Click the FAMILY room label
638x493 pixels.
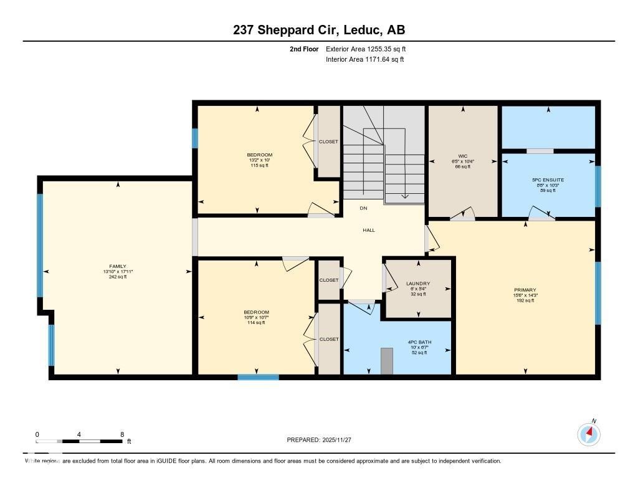(x=117, y=266)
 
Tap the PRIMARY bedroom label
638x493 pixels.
(x=525, y=289)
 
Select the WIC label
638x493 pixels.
(x=462, y=156)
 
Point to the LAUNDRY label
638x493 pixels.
(x=418, y=284)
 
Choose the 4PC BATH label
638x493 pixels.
(x=419, y=342)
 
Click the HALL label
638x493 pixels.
(x=369, y=230)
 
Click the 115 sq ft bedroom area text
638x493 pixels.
(x=259, y=165)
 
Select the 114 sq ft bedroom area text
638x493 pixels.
(x=256, y=322)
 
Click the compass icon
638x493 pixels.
(x=589, y=434)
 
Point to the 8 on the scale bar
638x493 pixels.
(x=122, y=434)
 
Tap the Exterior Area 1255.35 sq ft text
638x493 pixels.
(x=365, y=49)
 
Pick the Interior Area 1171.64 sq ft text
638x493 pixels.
(x=364, y=60)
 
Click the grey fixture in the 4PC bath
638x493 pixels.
(x=388, y=361)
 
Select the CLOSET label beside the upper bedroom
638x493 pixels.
(x=328, y=141)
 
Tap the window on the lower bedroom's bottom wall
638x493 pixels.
(x=258, y=376)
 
